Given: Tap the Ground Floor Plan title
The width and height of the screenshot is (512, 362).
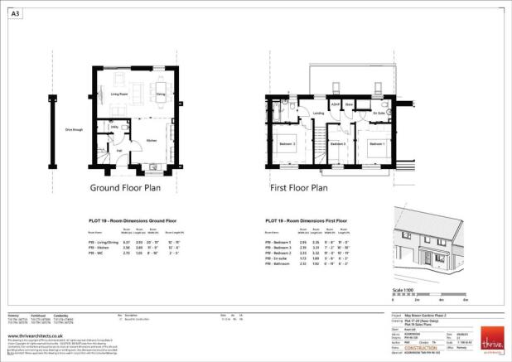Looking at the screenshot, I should point(124,188).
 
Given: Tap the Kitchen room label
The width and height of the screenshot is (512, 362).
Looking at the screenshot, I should point(152,141).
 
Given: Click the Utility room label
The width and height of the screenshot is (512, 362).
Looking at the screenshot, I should point(114,127).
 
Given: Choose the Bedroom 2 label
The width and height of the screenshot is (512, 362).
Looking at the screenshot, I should point(287,143).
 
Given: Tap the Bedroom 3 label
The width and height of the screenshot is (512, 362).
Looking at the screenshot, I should point(337,143).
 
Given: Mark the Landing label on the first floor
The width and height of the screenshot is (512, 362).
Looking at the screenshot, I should point(318,113).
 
